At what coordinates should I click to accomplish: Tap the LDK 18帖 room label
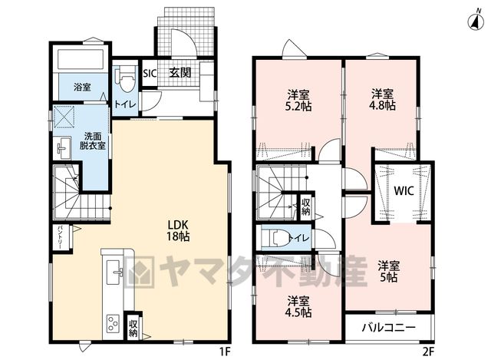tap(177, 230)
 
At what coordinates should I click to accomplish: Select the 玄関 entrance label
tap(180, 73)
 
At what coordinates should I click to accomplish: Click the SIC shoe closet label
tap(150, 74)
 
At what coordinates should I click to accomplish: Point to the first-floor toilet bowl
tap(125, 78)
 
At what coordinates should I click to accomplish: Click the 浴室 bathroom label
tap(82, 87)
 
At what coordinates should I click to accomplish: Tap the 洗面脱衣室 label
tap(92, 141)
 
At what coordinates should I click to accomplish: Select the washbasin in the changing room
tap(64, 148)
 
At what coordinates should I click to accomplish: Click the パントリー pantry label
tap(59, 237)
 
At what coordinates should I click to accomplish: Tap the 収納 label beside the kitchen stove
tap(133, 328)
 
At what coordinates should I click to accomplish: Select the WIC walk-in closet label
tap(404, 191)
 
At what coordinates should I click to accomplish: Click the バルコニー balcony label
tap(389, 328)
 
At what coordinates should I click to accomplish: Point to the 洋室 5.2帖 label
tap(298, 100)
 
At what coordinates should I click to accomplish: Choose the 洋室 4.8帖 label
tap(382, 99)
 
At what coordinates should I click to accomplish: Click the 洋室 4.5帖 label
tap(298, 306)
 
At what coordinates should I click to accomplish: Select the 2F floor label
tap(428, 352)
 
